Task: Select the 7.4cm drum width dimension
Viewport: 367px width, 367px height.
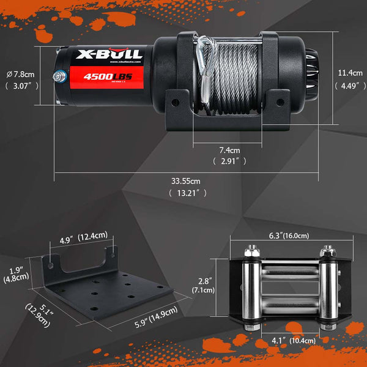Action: pos(229,149)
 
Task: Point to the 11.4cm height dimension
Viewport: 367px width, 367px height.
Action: pos(350,73)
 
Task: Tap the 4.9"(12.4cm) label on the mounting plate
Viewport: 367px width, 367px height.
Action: pos(83,235)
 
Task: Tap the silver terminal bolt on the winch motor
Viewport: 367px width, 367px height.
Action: pos(57,77)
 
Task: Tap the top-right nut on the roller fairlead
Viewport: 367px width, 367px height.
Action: pos(324,251)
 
